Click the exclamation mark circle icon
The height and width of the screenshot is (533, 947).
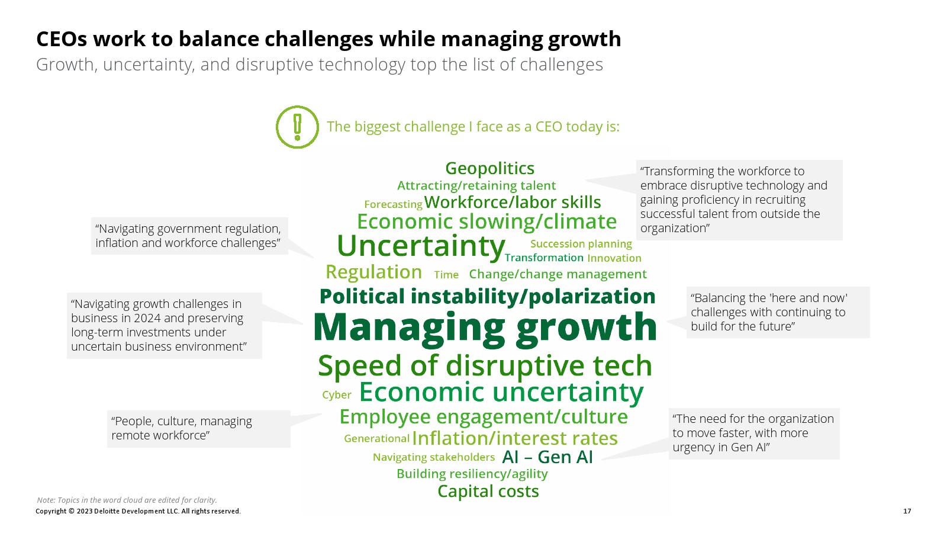pos(297,127)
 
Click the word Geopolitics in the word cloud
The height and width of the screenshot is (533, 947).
pos(489,168)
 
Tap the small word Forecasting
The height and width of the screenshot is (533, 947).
pos(393,204)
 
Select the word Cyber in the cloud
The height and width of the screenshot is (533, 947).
pos(337,394)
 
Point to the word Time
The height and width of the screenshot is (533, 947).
pos(446,275)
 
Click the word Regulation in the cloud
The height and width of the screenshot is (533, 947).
pos(373,272)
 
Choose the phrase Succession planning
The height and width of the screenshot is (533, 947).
pos(581,244)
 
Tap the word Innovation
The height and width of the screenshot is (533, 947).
pos(614,258)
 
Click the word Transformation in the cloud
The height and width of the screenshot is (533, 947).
pos(544,258)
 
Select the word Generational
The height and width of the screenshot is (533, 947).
pos(376,439)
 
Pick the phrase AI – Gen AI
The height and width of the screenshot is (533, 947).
pos(547,457)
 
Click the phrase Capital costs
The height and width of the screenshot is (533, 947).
pos(488,492)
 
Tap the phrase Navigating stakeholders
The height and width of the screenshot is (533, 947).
pos(433,457)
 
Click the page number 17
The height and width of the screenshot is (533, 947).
pos(907,511)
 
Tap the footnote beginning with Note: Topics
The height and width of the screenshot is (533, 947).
pos(127,500)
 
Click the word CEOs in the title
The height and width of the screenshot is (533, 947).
pos(62,39)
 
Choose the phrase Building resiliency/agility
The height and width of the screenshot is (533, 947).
pos(472,474)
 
